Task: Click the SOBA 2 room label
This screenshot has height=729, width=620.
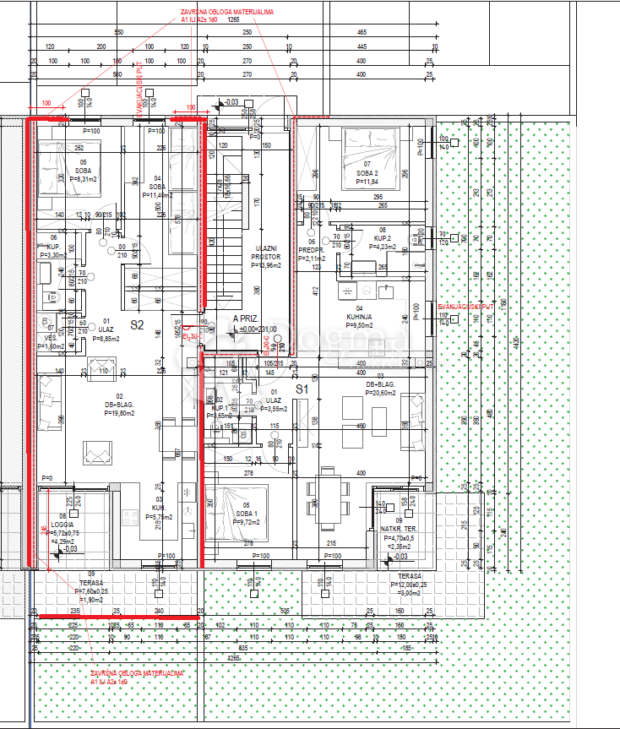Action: [x=367, y=172]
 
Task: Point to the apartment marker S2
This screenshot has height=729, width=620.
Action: [x=137, y=324]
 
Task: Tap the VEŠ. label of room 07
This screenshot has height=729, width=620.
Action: [x=51, y=337]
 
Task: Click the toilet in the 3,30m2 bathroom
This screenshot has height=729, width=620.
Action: [x=52, y=296]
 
